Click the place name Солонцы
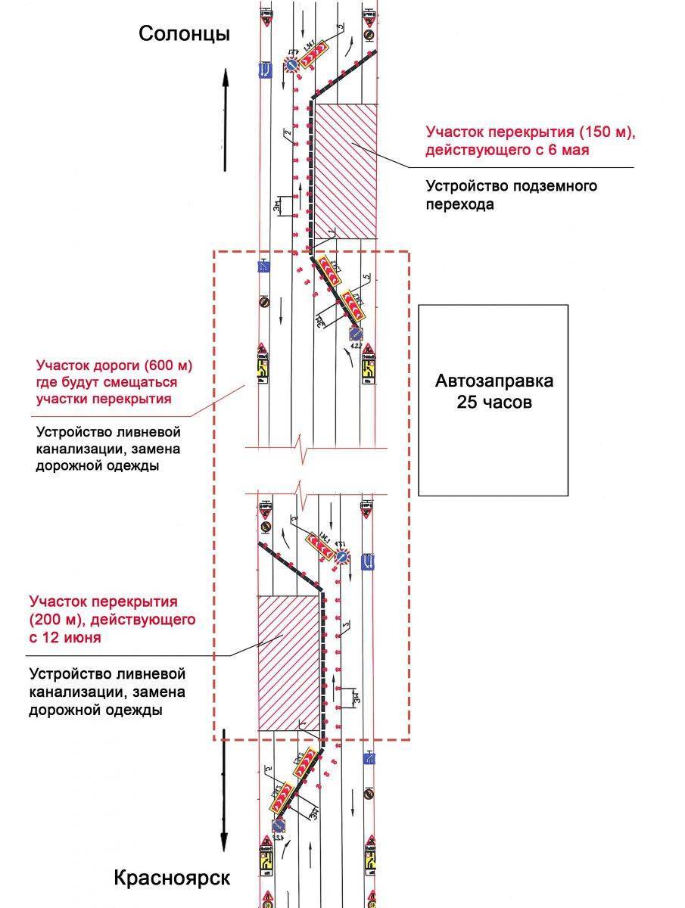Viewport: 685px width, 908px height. (x=184, y=33)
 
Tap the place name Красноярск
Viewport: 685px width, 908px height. (x=172, y=878)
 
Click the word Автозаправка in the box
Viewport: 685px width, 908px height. (x=494, y=380)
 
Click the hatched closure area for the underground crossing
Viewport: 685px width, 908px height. (x=346, y=170)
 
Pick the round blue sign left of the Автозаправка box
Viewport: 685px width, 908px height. (x=354, y=333)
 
